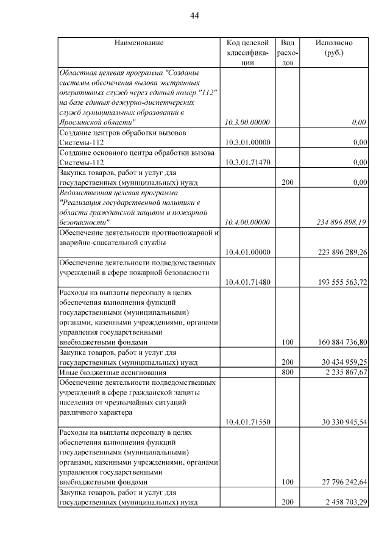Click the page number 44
194,15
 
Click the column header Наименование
138,43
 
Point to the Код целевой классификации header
247,52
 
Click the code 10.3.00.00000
247,122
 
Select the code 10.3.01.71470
247,162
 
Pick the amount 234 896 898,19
342,223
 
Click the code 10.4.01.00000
247,253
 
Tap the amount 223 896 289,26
342,253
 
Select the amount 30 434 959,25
342,362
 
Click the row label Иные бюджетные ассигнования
112,372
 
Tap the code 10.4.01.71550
247,422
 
